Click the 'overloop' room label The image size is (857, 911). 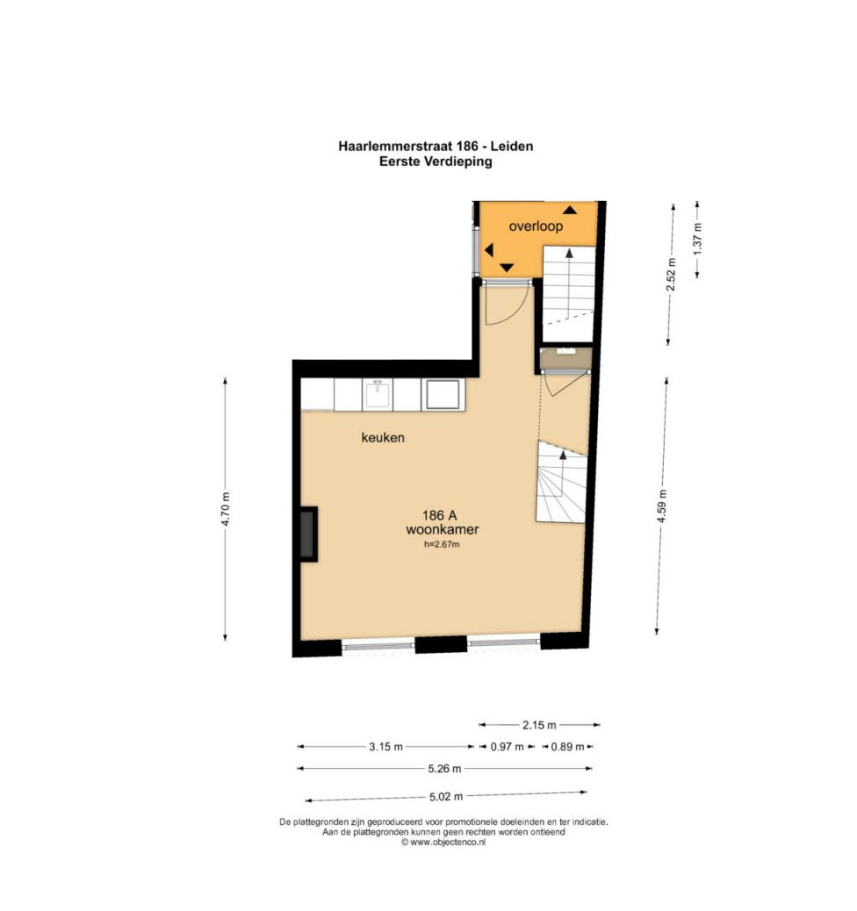(x=536, y=226)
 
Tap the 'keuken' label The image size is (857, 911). (x=383, y=437)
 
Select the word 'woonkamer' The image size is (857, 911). (x=442, y=529)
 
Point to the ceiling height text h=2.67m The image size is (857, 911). (x=442, y=544)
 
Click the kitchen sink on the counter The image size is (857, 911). (x=378, y=394)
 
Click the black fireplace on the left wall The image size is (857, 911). (x=308, y=534)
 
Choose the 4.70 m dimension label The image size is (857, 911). (x=226, y=509)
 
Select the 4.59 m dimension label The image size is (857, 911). (x=662, y=506)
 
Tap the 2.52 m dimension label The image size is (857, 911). (x=672, y=274)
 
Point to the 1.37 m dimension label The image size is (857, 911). (x=698, y=238)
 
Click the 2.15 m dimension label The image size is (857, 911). (x=539, y=725)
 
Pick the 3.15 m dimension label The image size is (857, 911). (x=385, y=747)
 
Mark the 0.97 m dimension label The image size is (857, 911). (x=507, y=747)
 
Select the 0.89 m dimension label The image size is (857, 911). (x=567, y=747)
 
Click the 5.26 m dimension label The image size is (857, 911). (x=445, y=769)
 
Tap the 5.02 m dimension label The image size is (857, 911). (x=446, y=797)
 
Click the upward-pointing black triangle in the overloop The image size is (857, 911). (x=570, y=210)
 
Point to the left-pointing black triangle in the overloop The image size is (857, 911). (x=488, y=250)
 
